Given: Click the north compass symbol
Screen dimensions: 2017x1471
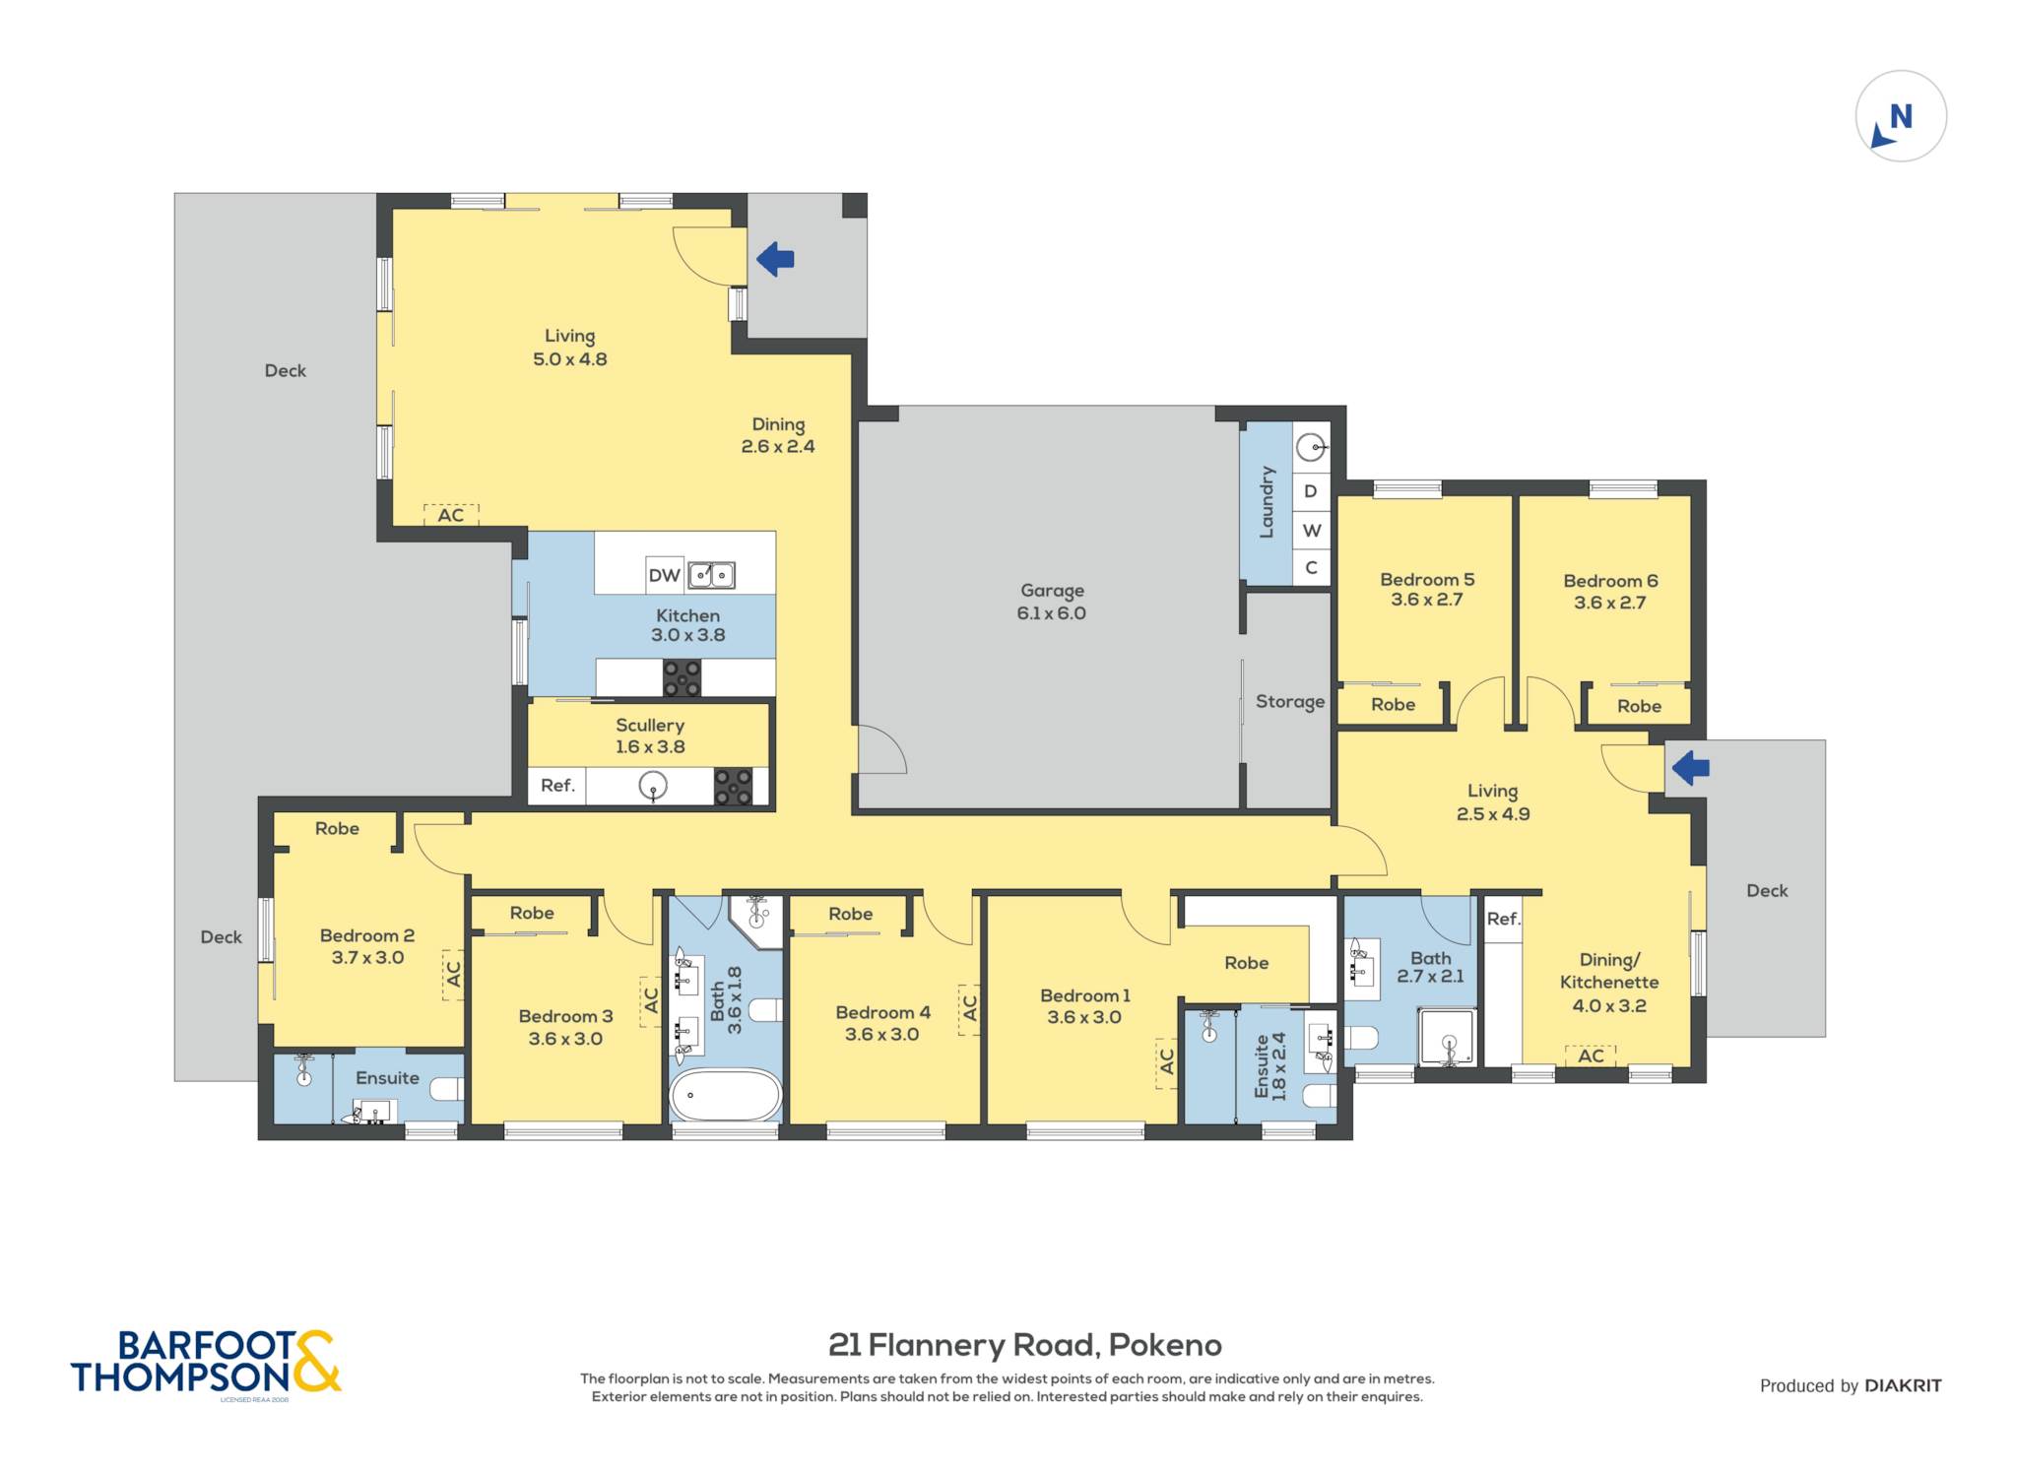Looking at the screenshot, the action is [1901, 116].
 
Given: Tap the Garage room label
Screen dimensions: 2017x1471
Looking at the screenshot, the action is [1052, 590].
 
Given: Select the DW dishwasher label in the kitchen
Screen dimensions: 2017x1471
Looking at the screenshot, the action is [665, 575].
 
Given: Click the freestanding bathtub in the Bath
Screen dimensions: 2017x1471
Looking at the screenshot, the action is [726, 1095].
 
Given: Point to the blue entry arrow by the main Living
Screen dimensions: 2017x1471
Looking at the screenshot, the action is [775, 259].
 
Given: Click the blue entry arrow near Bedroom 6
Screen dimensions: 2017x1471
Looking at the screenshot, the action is [1690, 767].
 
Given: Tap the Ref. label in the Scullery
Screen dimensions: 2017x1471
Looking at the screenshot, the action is [557, 785].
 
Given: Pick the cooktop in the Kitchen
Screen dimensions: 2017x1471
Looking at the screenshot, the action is [682, 677].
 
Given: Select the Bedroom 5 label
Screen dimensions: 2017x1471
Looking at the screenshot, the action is [1427, 579].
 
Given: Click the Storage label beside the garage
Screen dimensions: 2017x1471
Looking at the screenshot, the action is [1289, 702].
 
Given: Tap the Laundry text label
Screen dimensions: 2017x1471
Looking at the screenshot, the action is [1267, 502].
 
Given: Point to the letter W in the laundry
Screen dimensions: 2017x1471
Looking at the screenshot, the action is [1312, 531].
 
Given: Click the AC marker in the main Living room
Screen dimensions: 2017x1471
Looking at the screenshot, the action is [451, 515].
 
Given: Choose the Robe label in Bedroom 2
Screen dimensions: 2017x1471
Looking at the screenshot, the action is [337, 828].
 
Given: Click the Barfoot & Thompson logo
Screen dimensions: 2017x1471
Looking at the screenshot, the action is [206, 1363].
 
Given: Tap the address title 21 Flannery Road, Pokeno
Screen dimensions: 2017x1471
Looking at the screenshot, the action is [1025, 1344].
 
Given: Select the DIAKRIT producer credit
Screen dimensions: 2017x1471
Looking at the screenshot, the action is [1903, 1385].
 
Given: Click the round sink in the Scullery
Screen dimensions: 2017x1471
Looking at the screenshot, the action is [653, 786].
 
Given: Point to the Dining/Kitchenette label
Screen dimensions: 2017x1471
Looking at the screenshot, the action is [1609, 970].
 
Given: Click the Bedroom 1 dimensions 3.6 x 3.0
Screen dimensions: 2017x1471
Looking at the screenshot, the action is [1084, 1017].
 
